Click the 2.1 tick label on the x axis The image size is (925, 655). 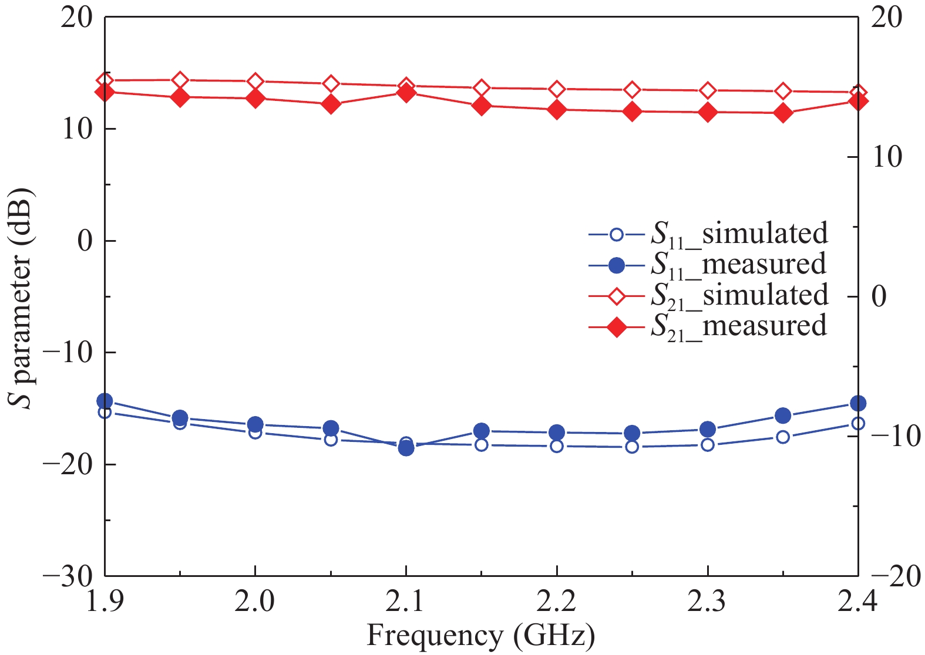point(406,602)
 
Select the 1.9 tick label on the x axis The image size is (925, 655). point(105,602)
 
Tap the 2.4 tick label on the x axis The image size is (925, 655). point(857,602)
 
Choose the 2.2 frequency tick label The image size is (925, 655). point(556,602)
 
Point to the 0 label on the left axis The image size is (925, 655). point(86,241)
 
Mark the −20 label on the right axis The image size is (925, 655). point(887,577)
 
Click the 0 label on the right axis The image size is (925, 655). point(879,296)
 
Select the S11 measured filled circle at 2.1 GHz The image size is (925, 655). point(406,448)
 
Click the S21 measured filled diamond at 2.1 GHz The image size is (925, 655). point(406,93)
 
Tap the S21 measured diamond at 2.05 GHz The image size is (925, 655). point(331,104)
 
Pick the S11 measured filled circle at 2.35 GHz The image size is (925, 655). point(783,416)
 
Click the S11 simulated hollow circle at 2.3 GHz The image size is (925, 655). point(708,445)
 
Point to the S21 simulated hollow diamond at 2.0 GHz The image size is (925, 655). point(255,82)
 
